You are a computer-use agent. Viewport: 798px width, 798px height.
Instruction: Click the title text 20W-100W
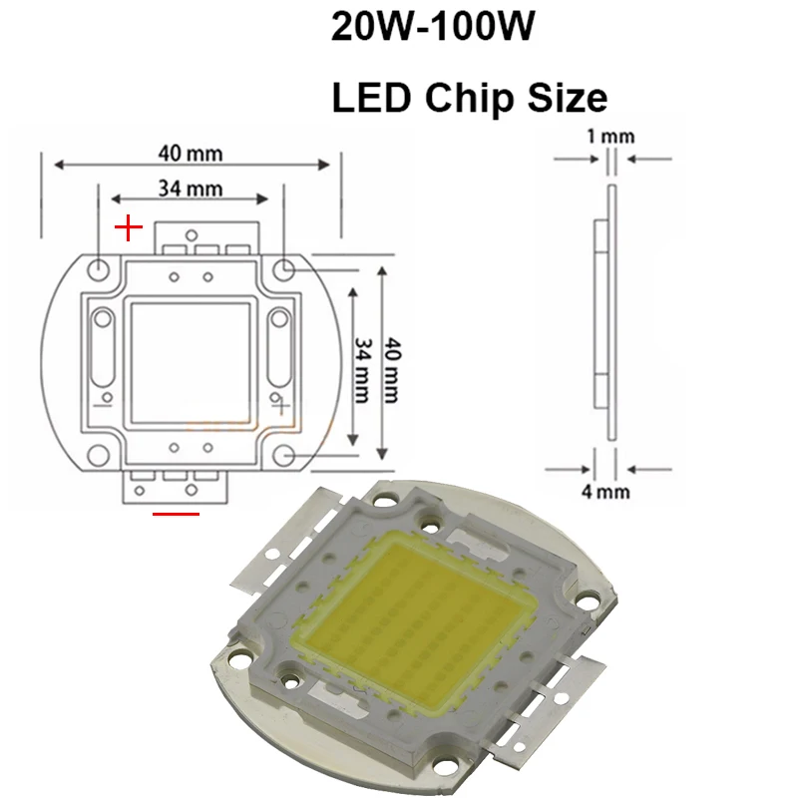(433, 27)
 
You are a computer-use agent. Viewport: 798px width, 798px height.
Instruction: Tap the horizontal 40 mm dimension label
(191, 154)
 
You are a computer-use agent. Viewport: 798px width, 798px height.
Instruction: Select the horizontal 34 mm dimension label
(191, 189)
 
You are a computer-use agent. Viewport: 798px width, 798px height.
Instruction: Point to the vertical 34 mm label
(362, 370)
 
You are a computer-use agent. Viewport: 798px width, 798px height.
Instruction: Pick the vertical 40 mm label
(392, 370)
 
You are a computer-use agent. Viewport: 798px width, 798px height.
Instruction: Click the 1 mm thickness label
(610, 137)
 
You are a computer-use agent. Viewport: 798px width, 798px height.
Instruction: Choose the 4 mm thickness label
(605, 492)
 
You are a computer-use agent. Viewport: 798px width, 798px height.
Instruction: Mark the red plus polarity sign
(129, 227)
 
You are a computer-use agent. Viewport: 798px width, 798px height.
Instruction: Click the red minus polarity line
(177, 514)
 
